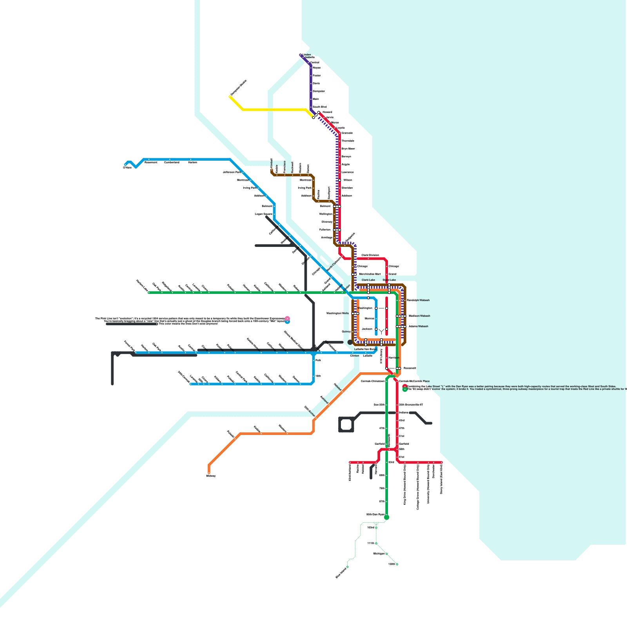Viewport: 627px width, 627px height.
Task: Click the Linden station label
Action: [x=307, y=55]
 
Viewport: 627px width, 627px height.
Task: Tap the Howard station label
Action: [x=327, y=112]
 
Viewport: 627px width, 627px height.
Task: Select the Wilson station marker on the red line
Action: [x=340, y=180]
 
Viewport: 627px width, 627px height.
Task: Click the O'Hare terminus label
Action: [x=127, y=168]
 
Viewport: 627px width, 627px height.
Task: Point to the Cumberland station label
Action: [x=172, y=162]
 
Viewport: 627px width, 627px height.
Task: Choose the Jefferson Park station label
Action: [x=232, y=172]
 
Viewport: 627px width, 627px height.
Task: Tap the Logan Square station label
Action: [x=263, y=214]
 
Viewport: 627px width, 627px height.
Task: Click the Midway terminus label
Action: [x=211, y=476]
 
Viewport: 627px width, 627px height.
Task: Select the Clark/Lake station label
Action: [x=368, y=280]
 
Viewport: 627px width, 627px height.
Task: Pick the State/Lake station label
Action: [x=389, y=280]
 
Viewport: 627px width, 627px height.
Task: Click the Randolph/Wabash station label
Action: [x=418, y=300]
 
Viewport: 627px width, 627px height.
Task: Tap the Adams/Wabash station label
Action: [x=419, y=326]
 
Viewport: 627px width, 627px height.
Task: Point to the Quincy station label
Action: [x=346, y=332]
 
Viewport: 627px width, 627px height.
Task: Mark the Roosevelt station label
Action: [x=410, y=368]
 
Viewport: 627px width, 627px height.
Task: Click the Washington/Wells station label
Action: [x=337, y=313]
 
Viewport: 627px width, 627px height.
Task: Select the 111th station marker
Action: [x=376, y=544]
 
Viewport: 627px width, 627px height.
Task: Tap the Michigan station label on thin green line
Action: [x=379, y=554]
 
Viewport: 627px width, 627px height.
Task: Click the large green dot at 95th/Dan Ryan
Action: [x=387, y=518]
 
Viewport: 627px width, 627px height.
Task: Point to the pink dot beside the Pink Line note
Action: [x=287, y=319]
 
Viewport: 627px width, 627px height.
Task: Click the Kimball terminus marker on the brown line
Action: [x=272, y=170]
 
